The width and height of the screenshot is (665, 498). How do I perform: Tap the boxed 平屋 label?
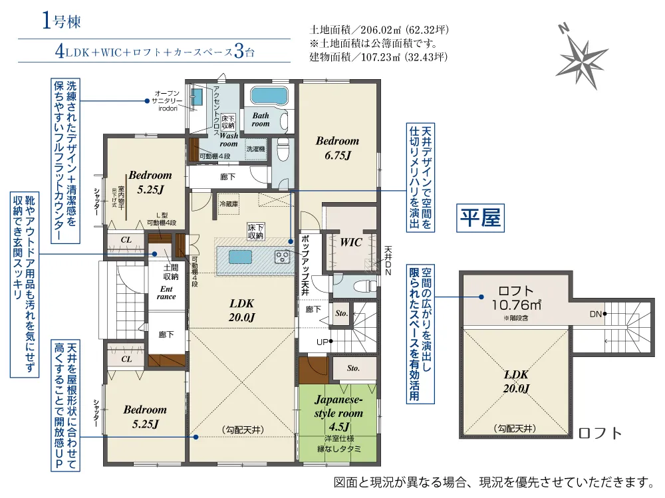click(478, 217)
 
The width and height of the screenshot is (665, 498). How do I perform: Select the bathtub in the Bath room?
click(269, 98)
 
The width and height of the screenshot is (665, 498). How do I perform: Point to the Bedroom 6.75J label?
click(337, 148)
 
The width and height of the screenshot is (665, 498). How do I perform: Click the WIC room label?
click(350, 243)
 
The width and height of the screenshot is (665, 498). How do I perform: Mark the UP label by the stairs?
click(323, 342)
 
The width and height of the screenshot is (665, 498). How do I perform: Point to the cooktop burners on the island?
click(282, 255)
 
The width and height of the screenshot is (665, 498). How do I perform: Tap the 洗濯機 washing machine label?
click(255, 150)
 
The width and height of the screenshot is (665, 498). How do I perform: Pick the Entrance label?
click(166, 293)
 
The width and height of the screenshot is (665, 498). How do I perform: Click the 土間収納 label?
click(170, 272)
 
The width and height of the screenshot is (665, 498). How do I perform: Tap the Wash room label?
click(228, 139)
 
